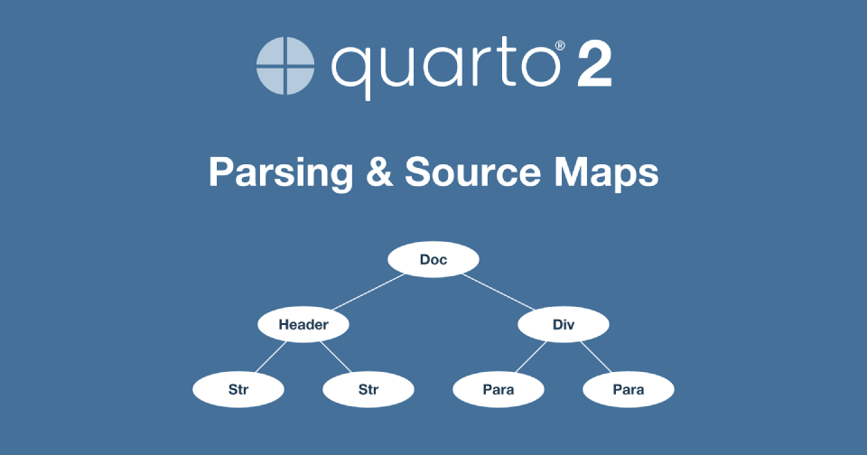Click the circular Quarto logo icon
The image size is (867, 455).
point(285,66)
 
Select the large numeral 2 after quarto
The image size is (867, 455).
point(594,66)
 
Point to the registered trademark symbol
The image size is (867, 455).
point(560,45)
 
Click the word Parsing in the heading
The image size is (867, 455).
point(281,173)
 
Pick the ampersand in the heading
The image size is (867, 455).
point(379,172)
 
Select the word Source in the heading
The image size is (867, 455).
point(472,172)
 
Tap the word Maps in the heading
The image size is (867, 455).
point(606,173)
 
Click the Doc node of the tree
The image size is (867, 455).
point(433,259)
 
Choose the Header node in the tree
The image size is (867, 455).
point(303,324)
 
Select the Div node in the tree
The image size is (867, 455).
point(564,324)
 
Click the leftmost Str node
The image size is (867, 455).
point(238,389)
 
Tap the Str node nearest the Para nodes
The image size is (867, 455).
point(368,389)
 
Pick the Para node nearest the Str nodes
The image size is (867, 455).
point(499,389)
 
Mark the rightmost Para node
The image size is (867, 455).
point(629,389)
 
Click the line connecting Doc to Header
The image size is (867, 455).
point(368,292)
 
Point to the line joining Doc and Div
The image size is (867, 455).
point(499,292)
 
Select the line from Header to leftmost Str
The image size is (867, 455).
point(271,357)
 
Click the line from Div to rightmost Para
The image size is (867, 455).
point(595,357)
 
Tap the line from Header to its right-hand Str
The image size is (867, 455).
point(336,357)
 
